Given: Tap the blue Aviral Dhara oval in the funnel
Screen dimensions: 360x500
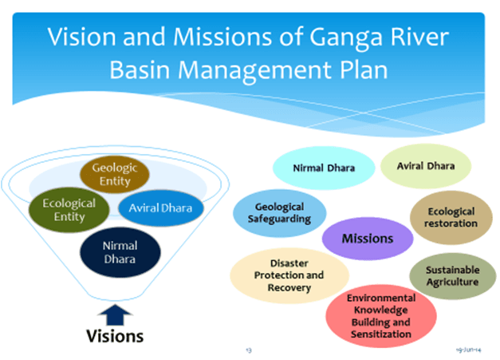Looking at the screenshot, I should coord(161,209).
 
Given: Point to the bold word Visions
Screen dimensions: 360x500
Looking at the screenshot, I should coord(115,335).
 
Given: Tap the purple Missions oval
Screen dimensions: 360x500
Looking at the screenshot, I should coord(367,238).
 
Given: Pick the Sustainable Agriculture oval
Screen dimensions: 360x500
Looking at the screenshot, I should coord(452,275).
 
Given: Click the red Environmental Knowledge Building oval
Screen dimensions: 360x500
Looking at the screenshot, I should coord(380,315).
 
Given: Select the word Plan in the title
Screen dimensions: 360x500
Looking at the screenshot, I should coord(361,69).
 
